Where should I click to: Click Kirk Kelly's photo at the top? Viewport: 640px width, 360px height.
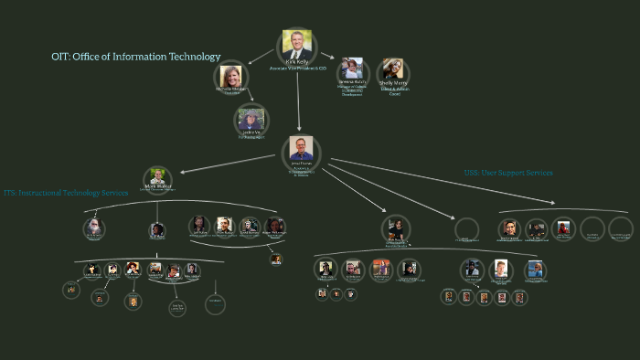tap(298, 45)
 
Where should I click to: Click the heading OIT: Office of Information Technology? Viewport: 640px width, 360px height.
tap(136, 57)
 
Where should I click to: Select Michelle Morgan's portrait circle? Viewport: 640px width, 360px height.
tap(230, 77)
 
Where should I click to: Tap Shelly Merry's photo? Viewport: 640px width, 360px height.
tap(392, 70)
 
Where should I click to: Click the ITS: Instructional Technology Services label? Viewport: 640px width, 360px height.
tap(65, 193)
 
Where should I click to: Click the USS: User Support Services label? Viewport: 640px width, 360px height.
tap(508, 172)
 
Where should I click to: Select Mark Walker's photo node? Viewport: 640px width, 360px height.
tap(158, 177)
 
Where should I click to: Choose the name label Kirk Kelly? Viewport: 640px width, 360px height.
tap(298, 62)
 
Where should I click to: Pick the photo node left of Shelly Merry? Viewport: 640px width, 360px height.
tap(351, 69)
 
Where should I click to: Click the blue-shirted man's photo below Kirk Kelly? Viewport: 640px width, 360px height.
tap(301, 149)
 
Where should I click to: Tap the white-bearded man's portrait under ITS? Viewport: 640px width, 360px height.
tap(93, 227)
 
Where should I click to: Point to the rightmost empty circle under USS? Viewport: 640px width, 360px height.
tap(621, 228)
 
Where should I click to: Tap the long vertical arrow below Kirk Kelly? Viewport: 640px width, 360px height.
tap(298, 101)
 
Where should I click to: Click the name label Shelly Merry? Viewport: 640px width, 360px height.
tap(392, 83)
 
